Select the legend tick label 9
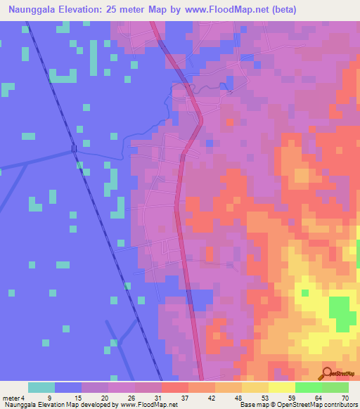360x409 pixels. pyautogui.click(x=49, y=398)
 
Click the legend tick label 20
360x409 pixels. pyautogui.click(x=103, y=398)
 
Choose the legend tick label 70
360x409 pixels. pyautogui.click(x=344, y=398)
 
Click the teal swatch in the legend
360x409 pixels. pyautogui.click(x=41, y=387)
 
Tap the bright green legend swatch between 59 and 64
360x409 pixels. pyautogui.click(x=308, y=387)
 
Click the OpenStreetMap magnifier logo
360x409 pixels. pyautogui.click(x=328, y=373)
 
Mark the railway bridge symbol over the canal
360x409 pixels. pyautogui.click(x=74, y=148)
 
